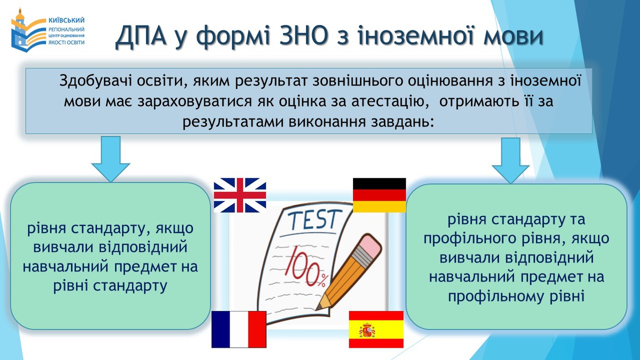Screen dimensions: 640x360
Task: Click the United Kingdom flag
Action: point(240,195)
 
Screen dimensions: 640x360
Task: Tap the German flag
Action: point(379,195)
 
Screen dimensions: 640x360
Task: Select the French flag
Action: point(239,329)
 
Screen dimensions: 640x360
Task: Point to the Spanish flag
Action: point(377,329)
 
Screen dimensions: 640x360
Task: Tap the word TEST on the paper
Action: point(315,219)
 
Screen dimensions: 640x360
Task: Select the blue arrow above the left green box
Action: point(110,159)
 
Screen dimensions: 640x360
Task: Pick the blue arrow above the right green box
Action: point(510,161)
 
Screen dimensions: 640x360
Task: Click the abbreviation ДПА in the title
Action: point(141,36)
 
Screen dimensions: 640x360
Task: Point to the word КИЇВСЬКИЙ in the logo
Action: point(66,20)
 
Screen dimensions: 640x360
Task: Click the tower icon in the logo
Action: point(19,30)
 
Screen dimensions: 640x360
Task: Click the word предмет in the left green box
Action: point(146,267)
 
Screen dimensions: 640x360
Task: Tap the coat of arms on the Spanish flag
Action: point(367,331)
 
